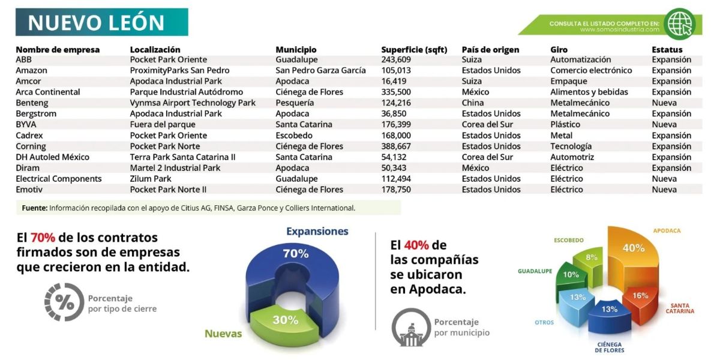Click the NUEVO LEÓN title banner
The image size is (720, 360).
point(102,22)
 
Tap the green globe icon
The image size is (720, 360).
point(679,24)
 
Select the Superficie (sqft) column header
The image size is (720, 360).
point(414,50)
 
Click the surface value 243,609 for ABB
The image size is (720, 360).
point(396,60)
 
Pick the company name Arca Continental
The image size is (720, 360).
point(48,92)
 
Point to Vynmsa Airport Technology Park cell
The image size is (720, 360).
point(193,103)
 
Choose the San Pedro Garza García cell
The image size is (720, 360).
point(320,70)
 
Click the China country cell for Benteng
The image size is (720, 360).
point(473,103)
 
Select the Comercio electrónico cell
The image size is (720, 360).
point(591,70)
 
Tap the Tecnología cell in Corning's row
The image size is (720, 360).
point(571,146)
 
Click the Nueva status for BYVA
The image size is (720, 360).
point(664,124)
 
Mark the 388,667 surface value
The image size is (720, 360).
point(396,146)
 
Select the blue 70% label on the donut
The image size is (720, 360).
point(296,254)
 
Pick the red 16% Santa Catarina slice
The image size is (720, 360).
point(640,304)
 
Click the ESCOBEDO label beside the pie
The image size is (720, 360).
point(569,240)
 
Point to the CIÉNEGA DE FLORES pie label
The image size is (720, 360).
point(610,347)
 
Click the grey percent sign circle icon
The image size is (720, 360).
point(64,302)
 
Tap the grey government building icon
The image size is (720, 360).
point(411,327)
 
